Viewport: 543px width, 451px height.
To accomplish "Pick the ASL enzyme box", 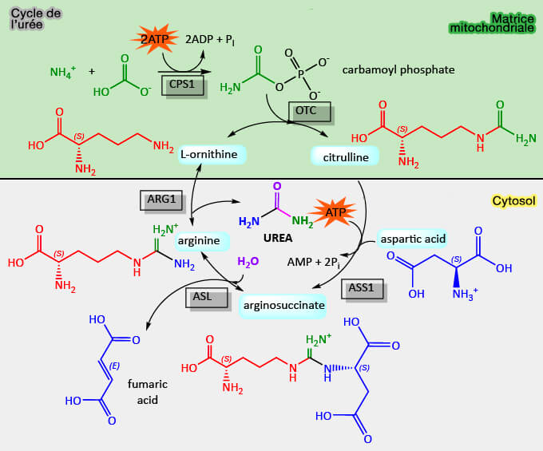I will point(203,296).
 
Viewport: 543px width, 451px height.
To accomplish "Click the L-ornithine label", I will point(212,153).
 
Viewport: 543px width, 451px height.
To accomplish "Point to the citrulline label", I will point(345,157).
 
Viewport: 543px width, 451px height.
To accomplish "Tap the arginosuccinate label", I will point(286,305).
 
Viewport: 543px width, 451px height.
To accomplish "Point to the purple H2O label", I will point(248,261).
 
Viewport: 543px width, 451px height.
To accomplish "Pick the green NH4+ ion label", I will point(62,73).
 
